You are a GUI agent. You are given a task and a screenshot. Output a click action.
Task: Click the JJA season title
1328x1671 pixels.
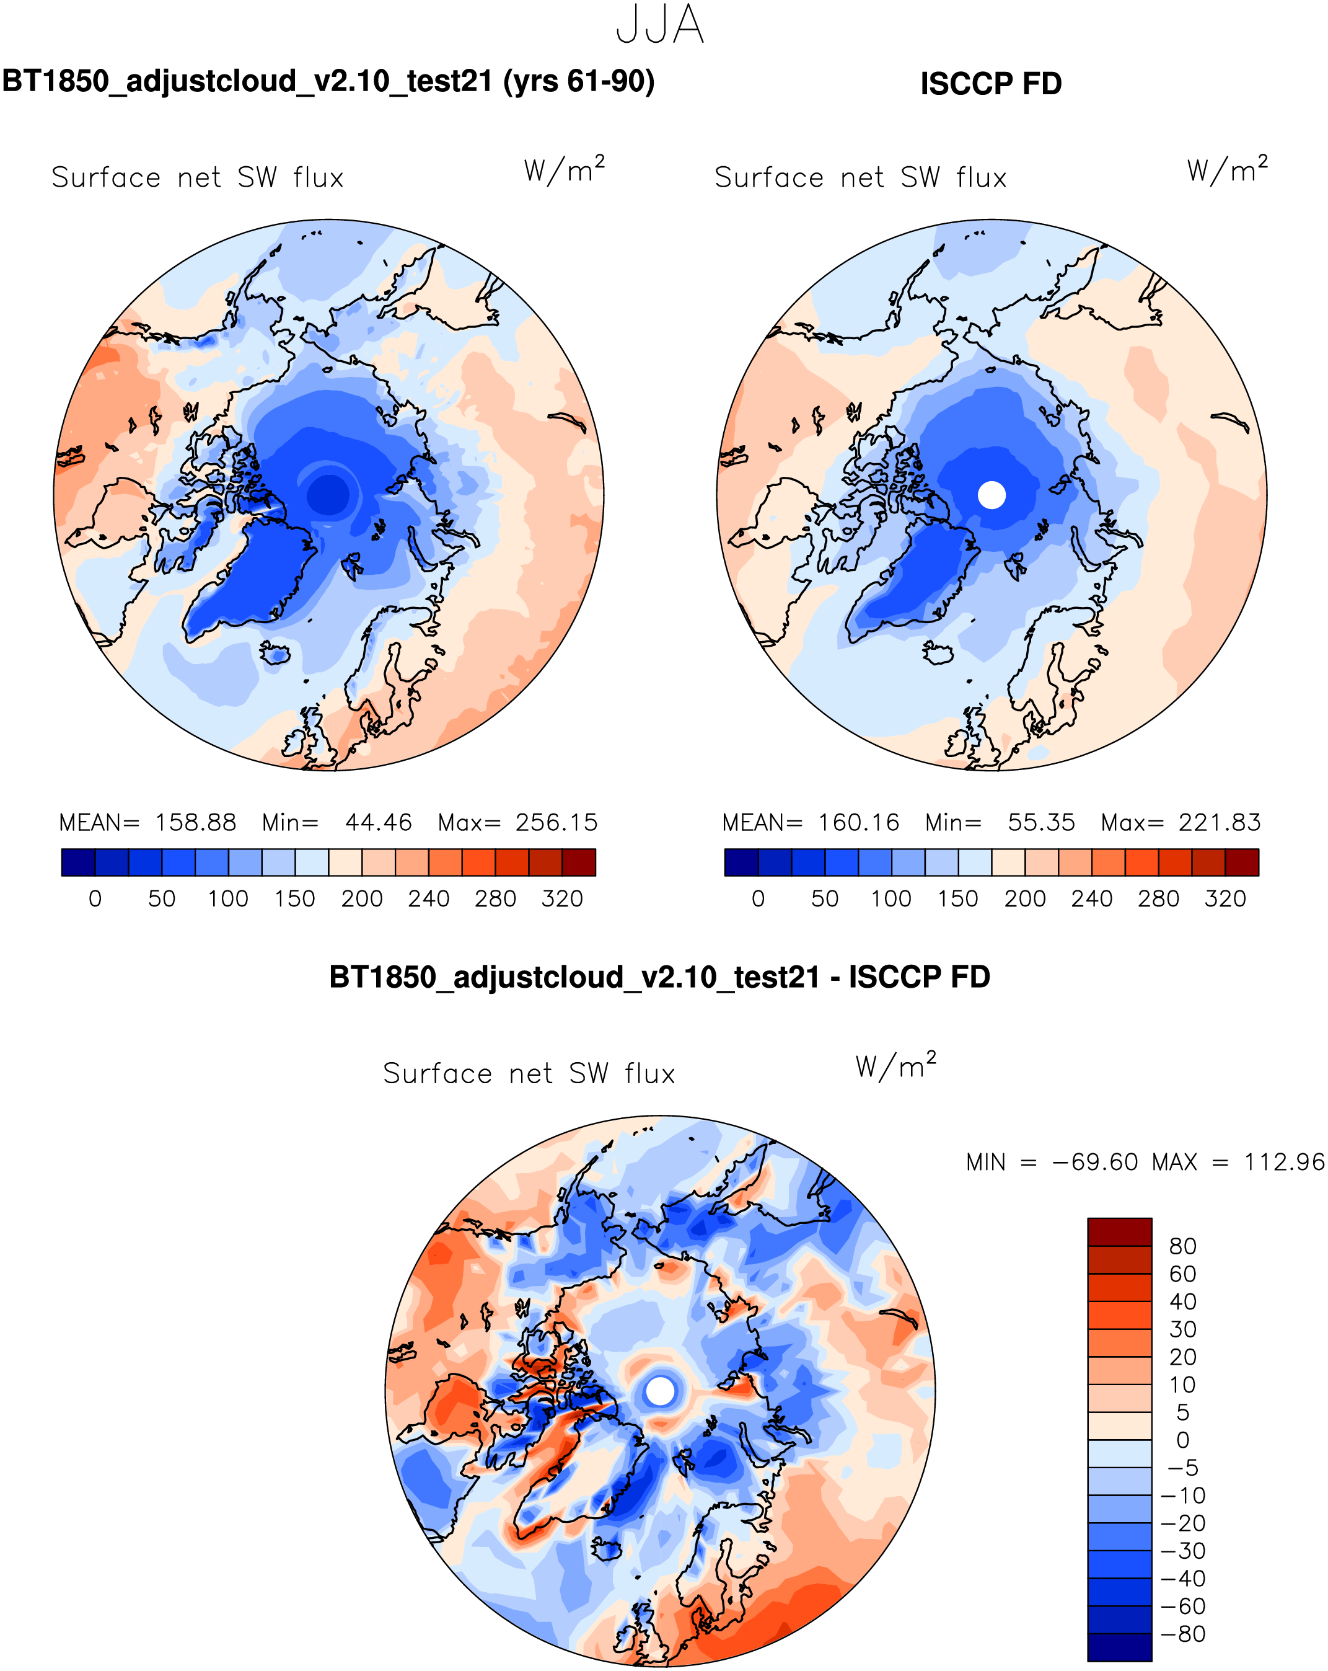(660, 25)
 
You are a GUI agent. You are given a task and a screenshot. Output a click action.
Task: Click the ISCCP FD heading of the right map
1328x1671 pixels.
(990, 84)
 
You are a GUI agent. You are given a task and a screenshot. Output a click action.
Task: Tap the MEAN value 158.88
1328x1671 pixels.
(195, 822)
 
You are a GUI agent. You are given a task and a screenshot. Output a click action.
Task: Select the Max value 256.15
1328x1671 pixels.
(556, 822)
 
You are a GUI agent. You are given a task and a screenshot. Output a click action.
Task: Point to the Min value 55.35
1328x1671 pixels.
(1040, 822)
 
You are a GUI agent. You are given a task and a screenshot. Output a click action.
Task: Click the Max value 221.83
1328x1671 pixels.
(1220, 822)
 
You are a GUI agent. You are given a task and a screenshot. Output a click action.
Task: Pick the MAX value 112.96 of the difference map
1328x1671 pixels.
(1284, 1163)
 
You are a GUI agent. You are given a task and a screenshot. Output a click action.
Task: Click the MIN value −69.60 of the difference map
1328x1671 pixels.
(1095, 1163)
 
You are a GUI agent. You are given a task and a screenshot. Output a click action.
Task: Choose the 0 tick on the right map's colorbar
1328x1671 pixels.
(758, 899)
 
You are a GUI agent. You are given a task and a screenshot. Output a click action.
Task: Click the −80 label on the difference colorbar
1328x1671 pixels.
(1183, 1634)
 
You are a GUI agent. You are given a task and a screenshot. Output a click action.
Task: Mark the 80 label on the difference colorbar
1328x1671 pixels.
(1182, 1246)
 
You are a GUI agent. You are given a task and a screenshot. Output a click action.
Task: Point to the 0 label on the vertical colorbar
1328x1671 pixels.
(1182, 1440)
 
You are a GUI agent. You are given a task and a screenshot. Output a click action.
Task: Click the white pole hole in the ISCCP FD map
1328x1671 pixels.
(991, 495)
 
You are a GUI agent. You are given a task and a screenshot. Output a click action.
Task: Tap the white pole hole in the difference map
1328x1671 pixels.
(660, 1391)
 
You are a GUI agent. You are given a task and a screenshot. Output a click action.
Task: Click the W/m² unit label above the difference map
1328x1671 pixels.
(895, 1066)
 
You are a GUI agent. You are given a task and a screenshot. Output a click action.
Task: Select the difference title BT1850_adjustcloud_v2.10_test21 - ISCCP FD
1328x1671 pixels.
(659, 977)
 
